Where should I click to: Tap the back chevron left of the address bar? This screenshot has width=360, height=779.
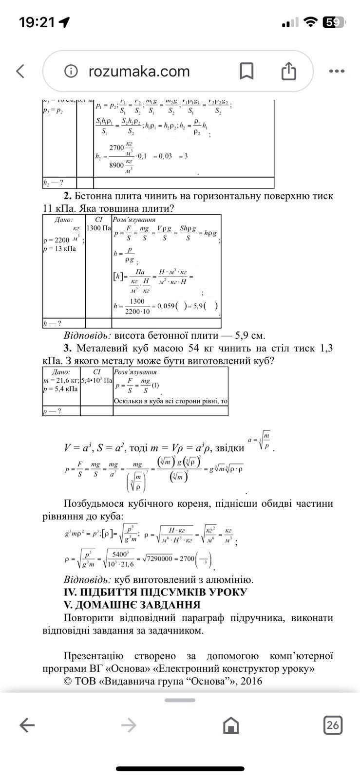click(x=20, y=71)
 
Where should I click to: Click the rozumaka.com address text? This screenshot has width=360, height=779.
click(x=139, y=72)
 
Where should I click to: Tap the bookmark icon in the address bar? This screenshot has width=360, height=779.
click(x=246, y=71)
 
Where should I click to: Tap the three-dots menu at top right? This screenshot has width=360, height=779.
click(x=337, y=71)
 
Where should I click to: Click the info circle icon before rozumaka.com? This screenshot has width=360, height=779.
click(x=71, y=72)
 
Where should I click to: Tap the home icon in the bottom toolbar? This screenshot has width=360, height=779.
click(x=230, y=725)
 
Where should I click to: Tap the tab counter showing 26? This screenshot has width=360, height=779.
click(x=333, y=725)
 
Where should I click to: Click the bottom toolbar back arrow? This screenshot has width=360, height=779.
click(x=27, y=725)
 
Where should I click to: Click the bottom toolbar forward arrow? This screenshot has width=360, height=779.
click(x=129, y=725)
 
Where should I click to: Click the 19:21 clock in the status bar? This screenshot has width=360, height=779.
click(x=37, y=22)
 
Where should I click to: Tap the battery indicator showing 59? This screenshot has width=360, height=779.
click(x=334, y=22)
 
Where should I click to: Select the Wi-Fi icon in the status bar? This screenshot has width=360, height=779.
click(x=310, y=22)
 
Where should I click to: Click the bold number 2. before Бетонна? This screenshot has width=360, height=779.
click(x=67, y=196)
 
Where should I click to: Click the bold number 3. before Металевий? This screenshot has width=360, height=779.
click(x=67, y=349)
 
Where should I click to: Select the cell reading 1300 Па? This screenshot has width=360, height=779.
click(x=98, y=228)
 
